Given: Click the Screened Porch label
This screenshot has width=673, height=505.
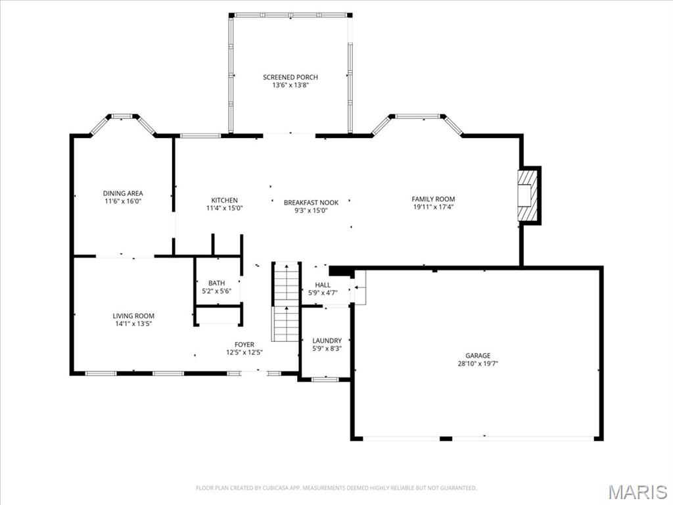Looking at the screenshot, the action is coord(290,78).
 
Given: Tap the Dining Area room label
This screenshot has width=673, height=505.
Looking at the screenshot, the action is coord(123,193).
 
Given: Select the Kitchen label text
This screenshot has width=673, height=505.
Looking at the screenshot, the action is coord(225,200).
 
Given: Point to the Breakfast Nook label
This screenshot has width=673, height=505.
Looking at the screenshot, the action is coord(311,203).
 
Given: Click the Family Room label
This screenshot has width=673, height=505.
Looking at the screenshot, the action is coord(433,199).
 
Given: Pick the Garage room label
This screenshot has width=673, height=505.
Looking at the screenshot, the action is coord(478,356).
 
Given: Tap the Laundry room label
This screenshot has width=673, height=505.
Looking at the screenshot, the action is coord(327,341).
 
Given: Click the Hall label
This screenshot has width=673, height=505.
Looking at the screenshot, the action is coord(323,285).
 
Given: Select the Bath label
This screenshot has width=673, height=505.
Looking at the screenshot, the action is coord(217,283).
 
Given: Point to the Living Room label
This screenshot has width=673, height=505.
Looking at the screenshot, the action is coord(133,316).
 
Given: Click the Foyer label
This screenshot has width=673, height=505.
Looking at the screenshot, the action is coord(244,345).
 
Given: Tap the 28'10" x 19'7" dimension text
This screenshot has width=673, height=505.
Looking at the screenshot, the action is coord(478,364).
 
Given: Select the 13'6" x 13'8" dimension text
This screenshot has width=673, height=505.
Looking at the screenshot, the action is coord(290,85).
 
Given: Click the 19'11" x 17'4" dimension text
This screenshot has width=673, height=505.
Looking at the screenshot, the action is coord(433,207).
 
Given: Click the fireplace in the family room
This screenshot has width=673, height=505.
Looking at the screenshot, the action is coord(528,195).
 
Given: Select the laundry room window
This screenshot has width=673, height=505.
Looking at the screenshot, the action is coord(325,379).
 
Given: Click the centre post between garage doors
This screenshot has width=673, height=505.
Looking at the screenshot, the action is coord(446,439).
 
